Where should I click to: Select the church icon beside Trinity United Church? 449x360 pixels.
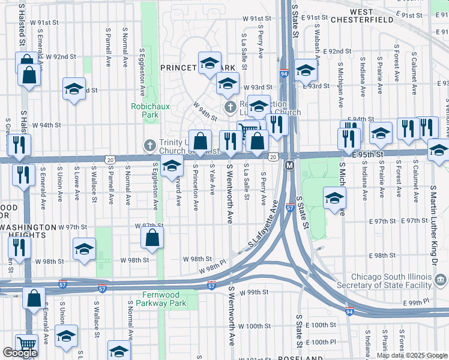point(151,145)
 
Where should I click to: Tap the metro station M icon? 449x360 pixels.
point(289,165)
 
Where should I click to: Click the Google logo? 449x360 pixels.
point(20,353)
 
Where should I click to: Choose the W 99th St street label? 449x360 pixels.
point(252,292)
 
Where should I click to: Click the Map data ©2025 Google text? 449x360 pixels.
point(411,355)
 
